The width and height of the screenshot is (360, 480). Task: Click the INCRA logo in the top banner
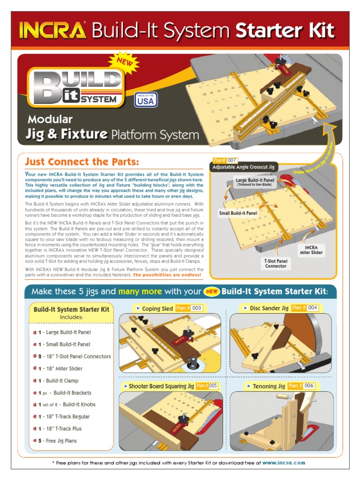(52, 31)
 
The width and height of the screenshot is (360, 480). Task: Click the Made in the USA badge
(146, 100)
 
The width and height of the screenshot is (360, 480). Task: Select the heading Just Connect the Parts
(82, 162)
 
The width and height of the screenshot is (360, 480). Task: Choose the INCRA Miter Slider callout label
(312, 250)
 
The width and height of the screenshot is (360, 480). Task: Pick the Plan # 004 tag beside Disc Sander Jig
(305, 308)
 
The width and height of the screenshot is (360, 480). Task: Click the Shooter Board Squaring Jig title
(161, 386)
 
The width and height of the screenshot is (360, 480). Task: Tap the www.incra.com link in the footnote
(284, 463)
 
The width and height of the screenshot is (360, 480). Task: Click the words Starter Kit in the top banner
(285, 31)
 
